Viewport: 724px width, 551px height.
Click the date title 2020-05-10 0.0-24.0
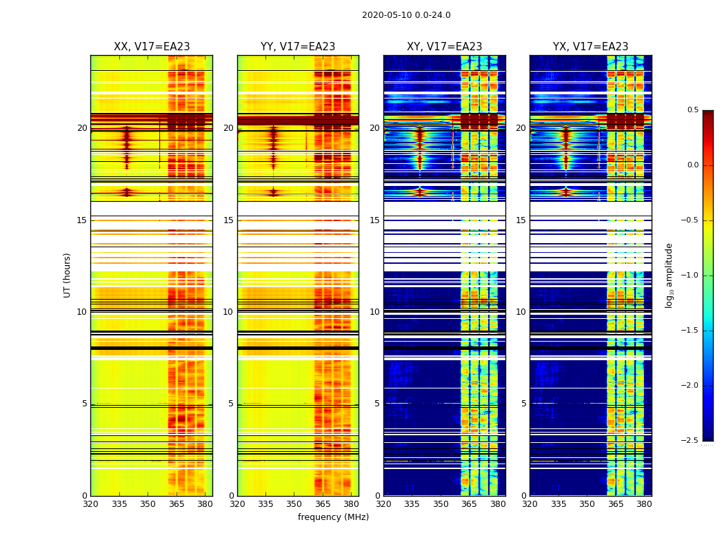click(x=406, y=15)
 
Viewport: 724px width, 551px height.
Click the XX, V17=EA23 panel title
click(x=152, y=47)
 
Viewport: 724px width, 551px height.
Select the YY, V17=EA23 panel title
click(x=298, y=47)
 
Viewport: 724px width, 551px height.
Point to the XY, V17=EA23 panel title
click(x=445, y=47)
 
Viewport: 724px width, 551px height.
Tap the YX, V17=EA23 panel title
click(x=591, y=47)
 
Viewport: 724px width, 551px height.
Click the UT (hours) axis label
click(x=68, y=275)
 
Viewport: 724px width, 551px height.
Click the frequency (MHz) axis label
click(x=333, y=517)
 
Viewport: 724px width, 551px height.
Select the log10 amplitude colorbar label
click(x=669, y=275)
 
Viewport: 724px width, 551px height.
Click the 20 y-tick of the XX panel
click(x=83, y=128)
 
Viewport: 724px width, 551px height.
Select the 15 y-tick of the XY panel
click(x=375, y=220)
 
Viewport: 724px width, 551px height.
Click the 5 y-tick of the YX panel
click(x=524, y=404)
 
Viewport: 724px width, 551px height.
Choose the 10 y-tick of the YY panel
click(x=228, y=312)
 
